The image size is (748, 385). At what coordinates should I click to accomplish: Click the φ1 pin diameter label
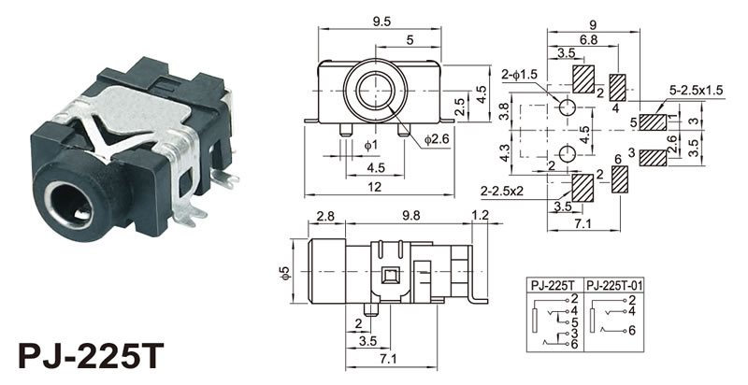(x=369, y=147)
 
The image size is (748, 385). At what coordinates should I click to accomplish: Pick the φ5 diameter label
(x=286, y=275)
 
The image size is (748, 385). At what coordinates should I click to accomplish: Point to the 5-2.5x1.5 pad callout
(x=697, y=91)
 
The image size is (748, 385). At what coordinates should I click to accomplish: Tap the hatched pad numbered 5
(x=654, y=121)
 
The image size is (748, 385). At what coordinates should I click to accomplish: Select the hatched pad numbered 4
(x=618, y=87)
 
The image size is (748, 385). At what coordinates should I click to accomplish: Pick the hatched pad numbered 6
(x=618, y=180)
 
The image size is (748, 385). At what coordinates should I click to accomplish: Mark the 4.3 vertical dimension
(x=506, y=152)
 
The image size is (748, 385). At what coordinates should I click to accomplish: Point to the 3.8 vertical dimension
(x=506, y=113)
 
